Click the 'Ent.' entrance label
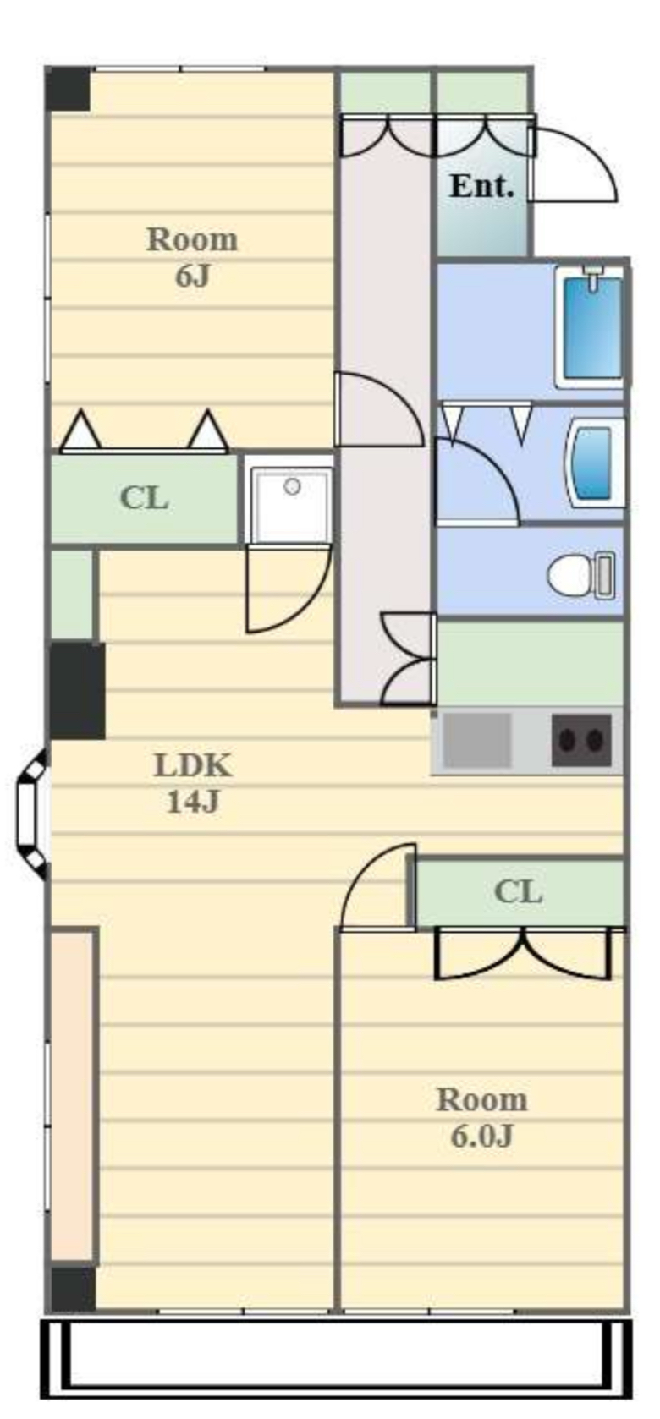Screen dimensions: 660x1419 pos(481,186)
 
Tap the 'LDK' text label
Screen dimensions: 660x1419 pos(194,766)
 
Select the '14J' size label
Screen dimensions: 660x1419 pos(194,802)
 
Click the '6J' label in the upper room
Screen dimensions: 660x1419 pos(192,277)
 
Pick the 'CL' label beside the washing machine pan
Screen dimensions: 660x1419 pos(144,498)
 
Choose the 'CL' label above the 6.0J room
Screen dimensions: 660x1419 pos(518,892)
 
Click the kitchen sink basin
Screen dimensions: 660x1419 pos(476,740)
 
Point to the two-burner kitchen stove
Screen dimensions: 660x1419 pos(581,740)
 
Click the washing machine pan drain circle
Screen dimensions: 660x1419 pos(292,486)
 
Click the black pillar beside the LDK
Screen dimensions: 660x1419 pos(77,691)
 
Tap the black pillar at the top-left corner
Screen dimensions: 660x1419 pos(68,90)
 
